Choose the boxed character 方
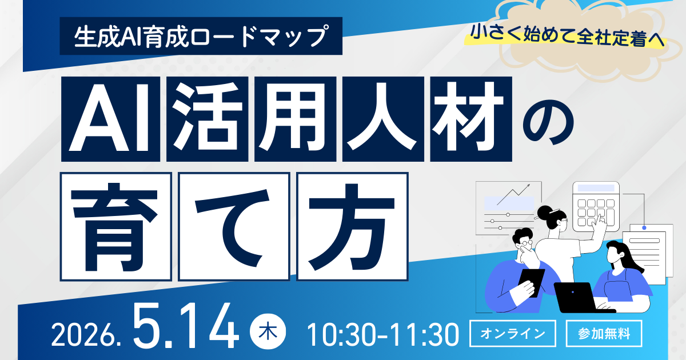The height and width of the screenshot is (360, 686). point(353,226)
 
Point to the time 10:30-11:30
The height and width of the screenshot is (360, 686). point(383,334)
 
